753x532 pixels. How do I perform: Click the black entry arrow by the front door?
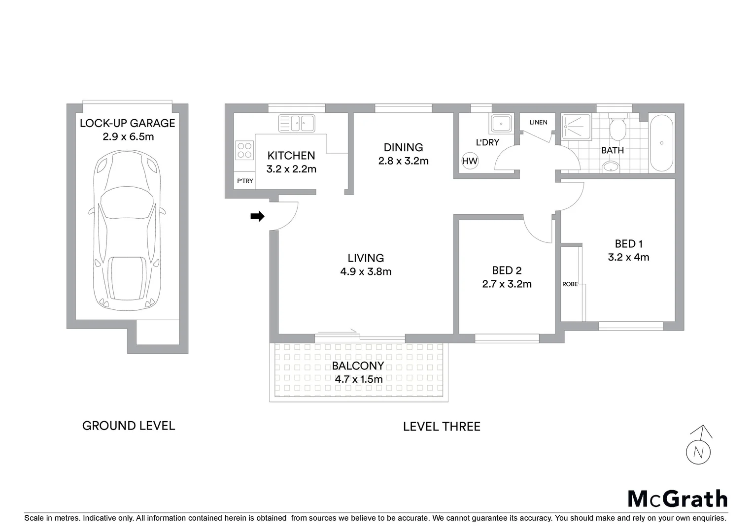tap(258, 216)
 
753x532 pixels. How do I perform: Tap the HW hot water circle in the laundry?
tap(470, 161)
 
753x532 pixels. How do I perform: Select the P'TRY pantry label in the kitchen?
tap(245, 181)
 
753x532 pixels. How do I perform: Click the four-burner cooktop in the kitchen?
tap(244, 150)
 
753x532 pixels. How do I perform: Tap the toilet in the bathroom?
tap(617, 129)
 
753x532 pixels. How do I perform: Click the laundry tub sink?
tap(501, 124)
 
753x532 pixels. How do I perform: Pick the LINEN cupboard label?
tap(538, 122)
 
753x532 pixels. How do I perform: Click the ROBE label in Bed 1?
tap(570, 284)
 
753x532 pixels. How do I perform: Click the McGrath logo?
tap(677, 499)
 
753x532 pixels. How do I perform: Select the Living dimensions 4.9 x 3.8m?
tap(366, 271)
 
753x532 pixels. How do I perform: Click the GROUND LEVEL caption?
tap(129, 426)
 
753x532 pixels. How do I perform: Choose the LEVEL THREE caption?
tap(442, 427)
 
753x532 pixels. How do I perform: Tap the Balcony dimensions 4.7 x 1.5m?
tap(358, 379)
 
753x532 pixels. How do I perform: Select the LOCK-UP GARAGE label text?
tap(128, 123)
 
